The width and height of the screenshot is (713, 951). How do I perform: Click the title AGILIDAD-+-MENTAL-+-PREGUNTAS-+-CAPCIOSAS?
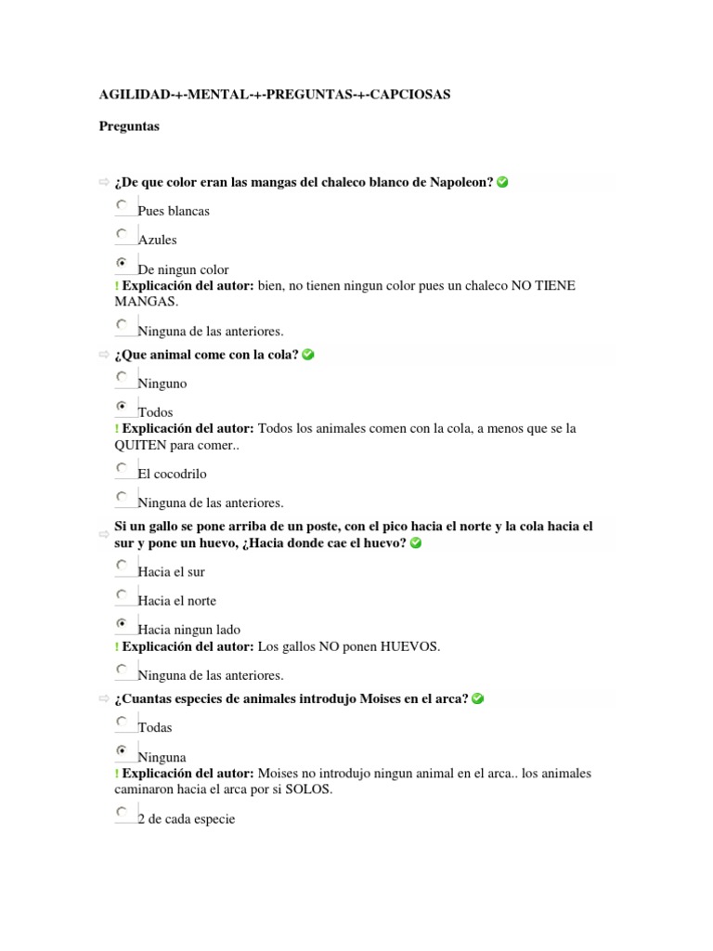pos(275,96)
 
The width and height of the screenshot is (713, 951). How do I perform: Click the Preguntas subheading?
pos(129,126)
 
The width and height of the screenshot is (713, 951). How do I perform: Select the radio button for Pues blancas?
pos(122,205)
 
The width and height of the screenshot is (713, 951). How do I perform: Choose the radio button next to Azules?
pos(122,234)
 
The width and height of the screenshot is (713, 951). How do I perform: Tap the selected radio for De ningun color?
pos(122,264)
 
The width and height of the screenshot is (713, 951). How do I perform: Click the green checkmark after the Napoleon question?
pos(502,182)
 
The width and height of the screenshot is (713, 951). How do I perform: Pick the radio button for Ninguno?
pos(122,377)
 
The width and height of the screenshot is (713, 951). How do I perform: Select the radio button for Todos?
pos(122,407)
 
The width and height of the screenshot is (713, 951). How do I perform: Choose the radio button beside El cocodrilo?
pos(122,468)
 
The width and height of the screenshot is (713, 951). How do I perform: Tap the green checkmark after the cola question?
pos(308,355)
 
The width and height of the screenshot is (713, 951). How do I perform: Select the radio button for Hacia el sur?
pos(122,566)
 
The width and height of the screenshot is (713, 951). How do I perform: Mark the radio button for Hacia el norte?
pos(122,595)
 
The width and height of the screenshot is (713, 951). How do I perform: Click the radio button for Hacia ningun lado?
pos(122,624)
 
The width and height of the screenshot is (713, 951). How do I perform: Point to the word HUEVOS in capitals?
pos(408,646)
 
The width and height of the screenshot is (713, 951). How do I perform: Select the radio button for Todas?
pos(122,722)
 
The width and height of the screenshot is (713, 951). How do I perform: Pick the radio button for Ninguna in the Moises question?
pos(122,751)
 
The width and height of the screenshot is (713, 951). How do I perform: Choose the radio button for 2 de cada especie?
pos(122,813)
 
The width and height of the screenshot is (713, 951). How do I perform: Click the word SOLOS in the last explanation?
pos(312,790)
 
